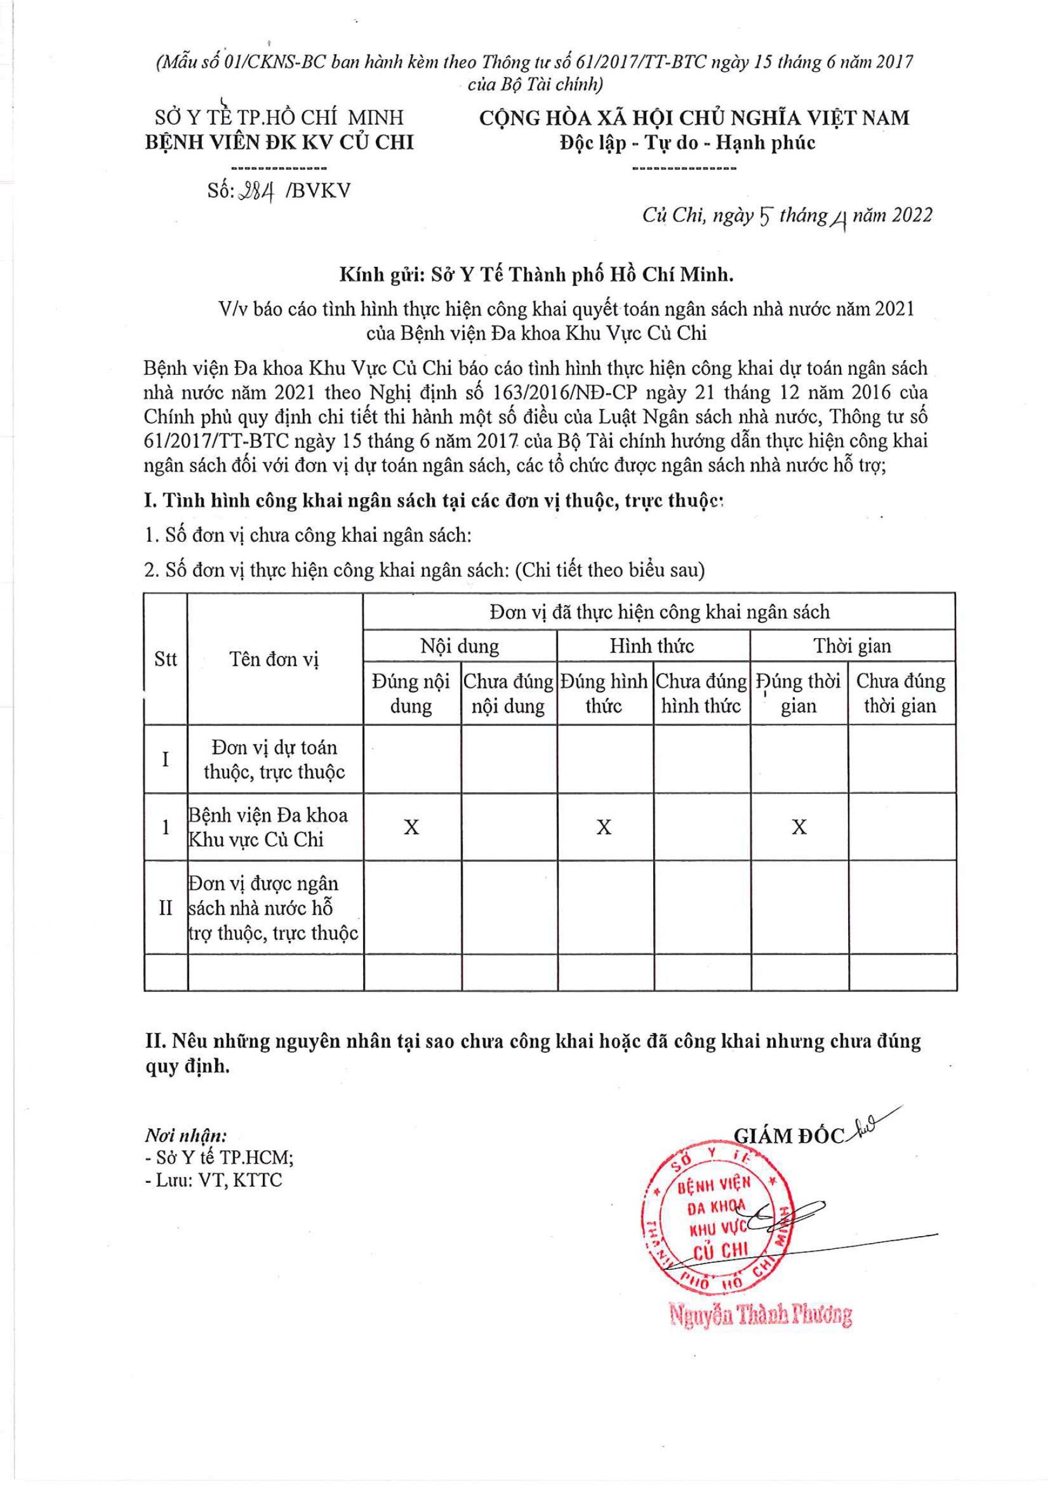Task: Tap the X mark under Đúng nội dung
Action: click(411, 827)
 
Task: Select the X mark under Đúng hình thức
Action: click(603, 827)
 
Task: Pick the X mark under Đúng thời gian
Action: click(799, 827)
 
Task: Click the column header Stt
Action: click(165, 659)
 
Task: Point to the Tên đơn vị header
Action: click(274, 659)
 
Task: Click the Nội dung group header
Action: click(459, 646)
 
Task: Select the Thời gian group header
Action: click(852, 646)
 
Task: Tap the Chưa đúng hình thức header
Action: click(701, 693)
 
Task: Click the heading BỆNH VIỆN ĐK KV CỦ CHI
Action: click(279, 142)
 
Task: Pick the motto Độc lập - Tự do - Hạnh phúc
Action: click(687, 142)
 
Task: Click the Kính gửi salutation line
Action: click(537, 275)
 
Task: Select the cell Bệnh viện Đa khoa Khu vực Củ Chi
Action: click(269, 827)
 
